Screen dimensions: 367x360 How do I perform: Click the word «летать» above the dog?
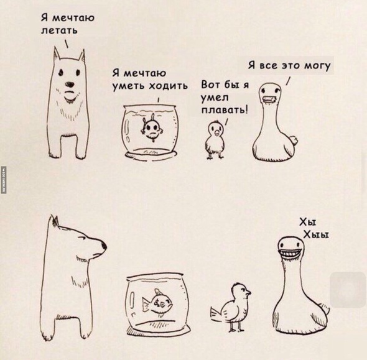pos(59,30)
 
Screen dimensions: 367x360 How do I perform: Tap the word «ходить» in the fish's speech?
pos(169,86)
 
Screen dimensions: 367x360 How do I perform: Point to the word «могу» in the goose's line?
pos(317,66)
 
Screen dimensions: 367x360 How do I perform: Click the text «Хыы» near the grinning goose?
pos(316,234)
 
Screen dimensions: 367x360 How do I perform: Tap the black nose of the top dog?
pos(70,84)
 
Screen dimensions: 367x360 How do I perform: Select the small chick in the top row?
pos(215,139)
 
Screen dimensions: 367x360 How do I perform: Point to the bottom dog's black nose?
pos(104,246)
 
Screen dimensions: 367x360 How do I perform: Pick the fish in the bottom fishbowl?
pos(157,303)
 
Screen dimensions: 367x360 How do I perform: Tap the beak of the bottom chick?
pos(248,292)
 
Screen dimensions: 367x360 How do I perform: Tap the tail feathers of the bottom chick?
pos(216,312)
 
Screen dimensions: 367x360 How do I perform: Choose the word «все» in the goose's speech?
pos(269,66)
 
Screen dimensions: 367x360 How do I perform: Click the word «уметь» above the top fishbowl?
pos(129,86)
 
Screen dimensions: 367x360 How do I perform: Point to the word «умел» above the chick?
pos(215,98)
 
